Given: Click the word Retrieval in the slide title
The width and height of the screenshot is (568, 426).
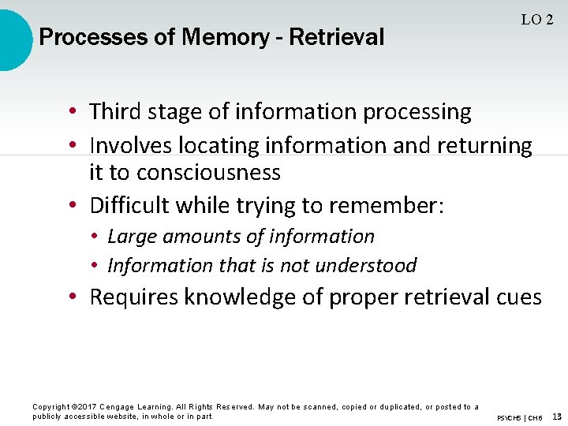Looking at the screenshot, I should click(x=337, y=37).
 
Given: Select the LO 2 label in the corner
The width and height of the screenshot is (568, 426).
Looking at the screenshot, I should click(x=536, y=21).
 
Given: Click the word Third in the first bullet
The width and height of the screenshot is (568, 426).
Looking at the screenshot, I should click(x=115, y=112).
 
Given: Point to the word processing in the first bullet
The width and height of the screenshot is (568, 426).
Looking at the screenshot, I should click(x=417, y=113).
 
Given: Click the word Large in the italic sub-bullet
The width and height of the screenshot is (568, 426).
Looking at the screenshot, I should click(x=129, y=236).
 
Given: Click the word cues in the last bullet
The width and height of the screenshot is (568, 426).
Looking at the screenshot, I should click(x=519, y=297).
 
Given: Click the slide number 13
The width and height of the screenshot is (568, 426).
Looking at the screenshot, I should click(x=557, y=416).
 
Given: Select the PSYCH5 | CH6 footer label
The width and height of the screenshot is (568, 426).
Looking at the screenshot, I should click(x=519, y=417).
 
